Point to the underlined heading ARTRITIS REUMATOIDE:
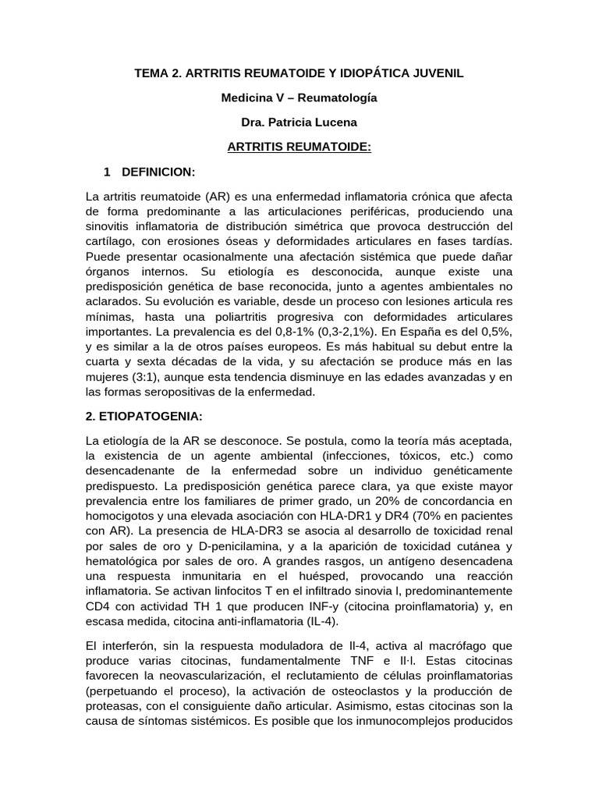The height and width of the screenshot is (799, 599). click(299, 147)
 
